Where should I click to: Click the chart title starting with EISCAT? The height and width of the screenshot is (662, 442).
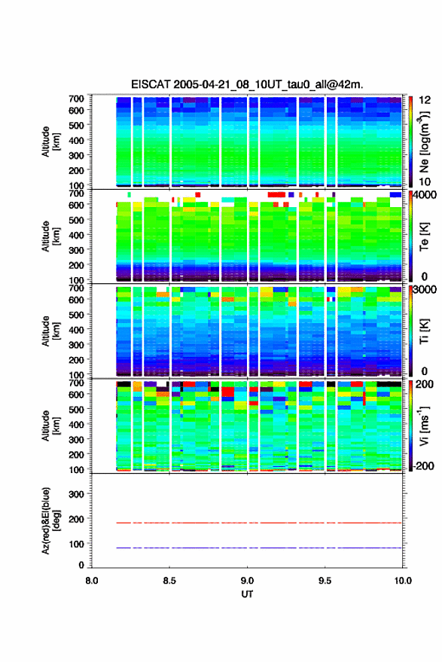click(247, 84)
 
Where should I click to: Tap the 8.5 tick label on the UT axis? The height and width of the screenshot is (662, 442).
click(169, 581)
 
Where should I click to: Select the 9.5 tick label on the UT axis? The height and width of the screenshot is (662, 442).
click(325, 581)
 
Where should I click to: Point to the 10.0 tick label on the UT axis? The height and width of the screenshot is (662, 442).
click(403, 581)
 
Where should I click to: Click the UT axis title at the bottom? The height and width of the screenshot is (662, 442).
click(247, 594)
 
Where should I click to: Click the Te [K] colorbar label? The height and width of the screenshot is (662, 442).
click(424, 236)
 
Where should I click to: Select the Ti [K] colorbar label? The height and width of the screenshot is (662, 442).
click(424, 331)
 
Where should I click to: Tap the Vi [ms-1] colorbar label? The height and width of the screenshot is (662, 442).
click(424, 426)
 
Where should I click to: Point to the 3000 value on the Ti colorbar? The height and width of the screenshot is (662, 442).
click(425, 290)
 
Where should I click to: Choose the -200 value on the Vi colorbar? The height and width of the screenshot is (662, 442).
click(422, 466)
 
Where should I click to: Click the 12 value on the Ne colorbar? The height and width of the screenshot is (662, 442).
click(425, 100)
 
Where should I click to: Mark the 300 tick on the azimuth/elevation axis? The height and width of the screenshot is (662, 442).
click(76, 494)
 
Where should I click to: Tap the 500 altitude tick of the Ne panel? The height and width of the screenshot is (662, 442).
click(76, 125)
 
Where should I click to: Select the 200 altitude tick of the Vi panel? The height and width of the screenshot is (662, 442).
click(76, 454)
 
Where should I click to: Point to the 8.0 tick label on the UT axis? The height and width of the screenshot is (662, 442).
click(92, 581)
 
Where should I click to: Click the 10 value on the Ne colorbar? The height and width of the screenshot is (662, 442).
click(425, 182)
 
